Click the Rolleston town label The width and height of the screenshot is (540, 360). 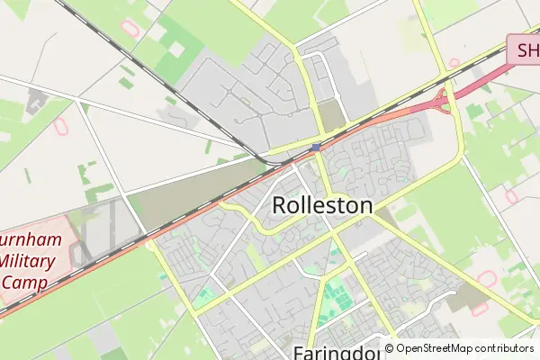tap(321, 205)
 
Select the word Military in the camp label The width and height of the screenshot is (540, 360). tap(28, 261)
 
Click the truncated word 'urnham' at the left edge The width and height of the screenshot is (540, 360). tap(32, 242)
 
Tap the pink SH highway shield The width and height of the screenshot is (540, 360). tap(522, 49)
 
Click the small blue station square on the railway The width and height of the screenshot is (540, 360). tap(316, 148)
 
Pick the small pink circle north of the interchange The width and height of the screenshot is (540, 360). tap(454, 64)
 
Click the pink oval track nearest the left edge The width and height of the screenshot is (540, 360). tap(61, 127)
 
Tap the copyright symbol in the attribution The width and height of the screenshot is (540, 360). tap(390, 348)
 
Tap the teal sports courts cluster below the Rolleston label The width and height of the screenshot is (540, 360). tap(336, 292)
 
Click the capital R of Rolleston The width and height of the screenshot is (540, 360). tap(279, 205)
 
